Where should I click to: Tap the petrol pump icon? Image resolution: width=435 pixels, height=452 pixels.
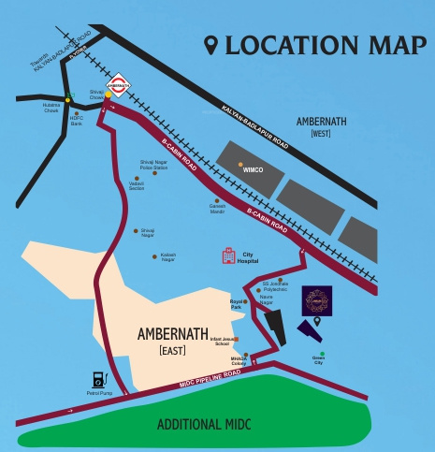click(97, 382)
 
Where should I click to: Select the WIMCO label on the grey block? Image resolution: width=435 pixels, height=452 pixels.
click(253, 171)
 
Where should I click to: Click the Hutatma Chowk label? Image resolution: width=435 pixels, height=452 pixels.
click(51, 108)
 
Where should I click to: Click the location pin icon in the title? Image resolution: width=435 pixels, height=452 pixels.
click(210, 45)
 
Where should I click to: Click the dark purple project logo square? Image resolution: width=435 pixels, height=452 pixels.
click(316, 301)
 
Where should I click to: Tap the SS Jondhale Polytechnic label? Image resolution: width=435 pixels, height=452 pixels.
click(276, 286)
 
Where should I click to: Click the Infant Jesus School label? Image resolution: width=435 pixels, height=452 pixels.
click(223, 343)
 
